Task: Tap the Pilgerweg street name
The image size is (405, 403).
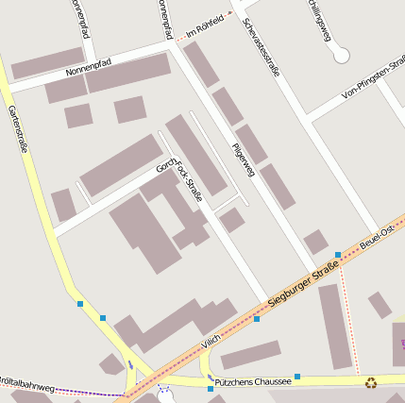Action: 243,160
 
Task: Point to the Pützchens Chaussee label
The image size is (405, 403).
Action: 252,382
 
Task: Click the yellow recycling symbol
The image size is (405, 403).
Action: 371,382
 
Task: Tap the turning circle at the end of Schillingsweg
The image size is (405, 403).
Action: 341,56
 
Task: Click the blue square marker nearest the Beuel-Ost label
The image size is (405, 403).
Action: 338,255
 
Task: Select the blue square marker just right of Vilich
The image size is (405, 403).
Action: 257,319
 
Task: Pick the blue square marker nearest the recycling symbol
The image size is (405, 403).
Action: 297,377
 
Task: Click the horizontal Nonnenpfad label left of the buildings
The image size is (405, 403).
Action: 89,67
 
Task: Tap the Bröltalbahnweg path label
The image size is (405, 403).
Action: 26,388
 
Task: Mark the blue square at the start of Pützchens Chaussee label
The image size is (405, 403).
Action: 210,388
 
